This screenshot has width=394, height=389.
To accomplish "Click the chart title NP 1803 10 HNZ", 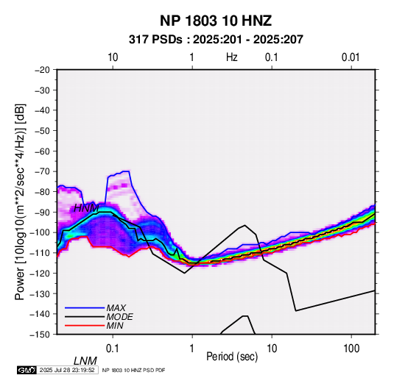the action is (216, 21).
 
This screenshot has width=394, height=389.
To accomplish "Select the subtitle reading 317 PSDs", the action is (155, 40).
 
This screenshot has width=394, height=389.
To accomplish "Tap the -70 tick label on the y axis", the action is (42, 171).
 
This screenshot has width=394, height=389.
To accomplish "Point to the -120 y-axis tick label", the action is (40, 274).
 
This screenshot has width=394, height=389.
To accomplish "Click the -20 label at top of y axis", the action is (42, 70).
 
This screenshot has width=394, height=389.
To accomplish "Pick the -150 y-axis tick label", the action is (40, 335).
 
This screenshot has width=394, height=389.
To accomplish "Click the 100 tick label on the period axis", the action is (351, 349).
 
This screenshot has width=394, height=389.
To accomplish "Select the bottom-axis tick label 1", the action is (191, 349).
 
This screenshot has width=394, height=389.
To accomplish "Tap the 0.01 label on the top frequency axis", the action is (351, 57).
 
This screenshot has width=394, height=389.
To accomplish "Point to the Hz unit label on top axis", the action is (232, 57).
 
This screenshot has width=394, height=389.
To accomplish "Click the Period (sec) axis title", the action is (232, 357).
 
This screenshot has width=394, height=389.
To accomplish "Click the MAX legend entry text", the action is (116, 308).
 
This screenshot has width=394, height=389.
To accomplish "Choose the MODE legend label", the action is (119, 317).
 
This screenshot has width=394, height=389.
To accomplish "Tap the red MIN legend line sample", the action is (85, 326).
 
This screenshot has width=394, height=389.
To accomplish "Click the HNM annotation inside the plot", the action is (86, 208).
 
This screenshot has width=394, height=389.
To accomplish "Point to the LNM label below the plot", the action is (85, 361).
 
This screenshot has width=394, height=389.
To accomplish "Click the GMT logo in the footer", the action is (27, 370).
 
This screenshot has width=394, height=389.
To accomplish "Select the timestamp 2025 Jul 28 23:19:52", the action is (67, 370).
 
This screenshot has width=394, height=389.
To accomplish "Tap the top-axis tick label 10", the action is (113, 57).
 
